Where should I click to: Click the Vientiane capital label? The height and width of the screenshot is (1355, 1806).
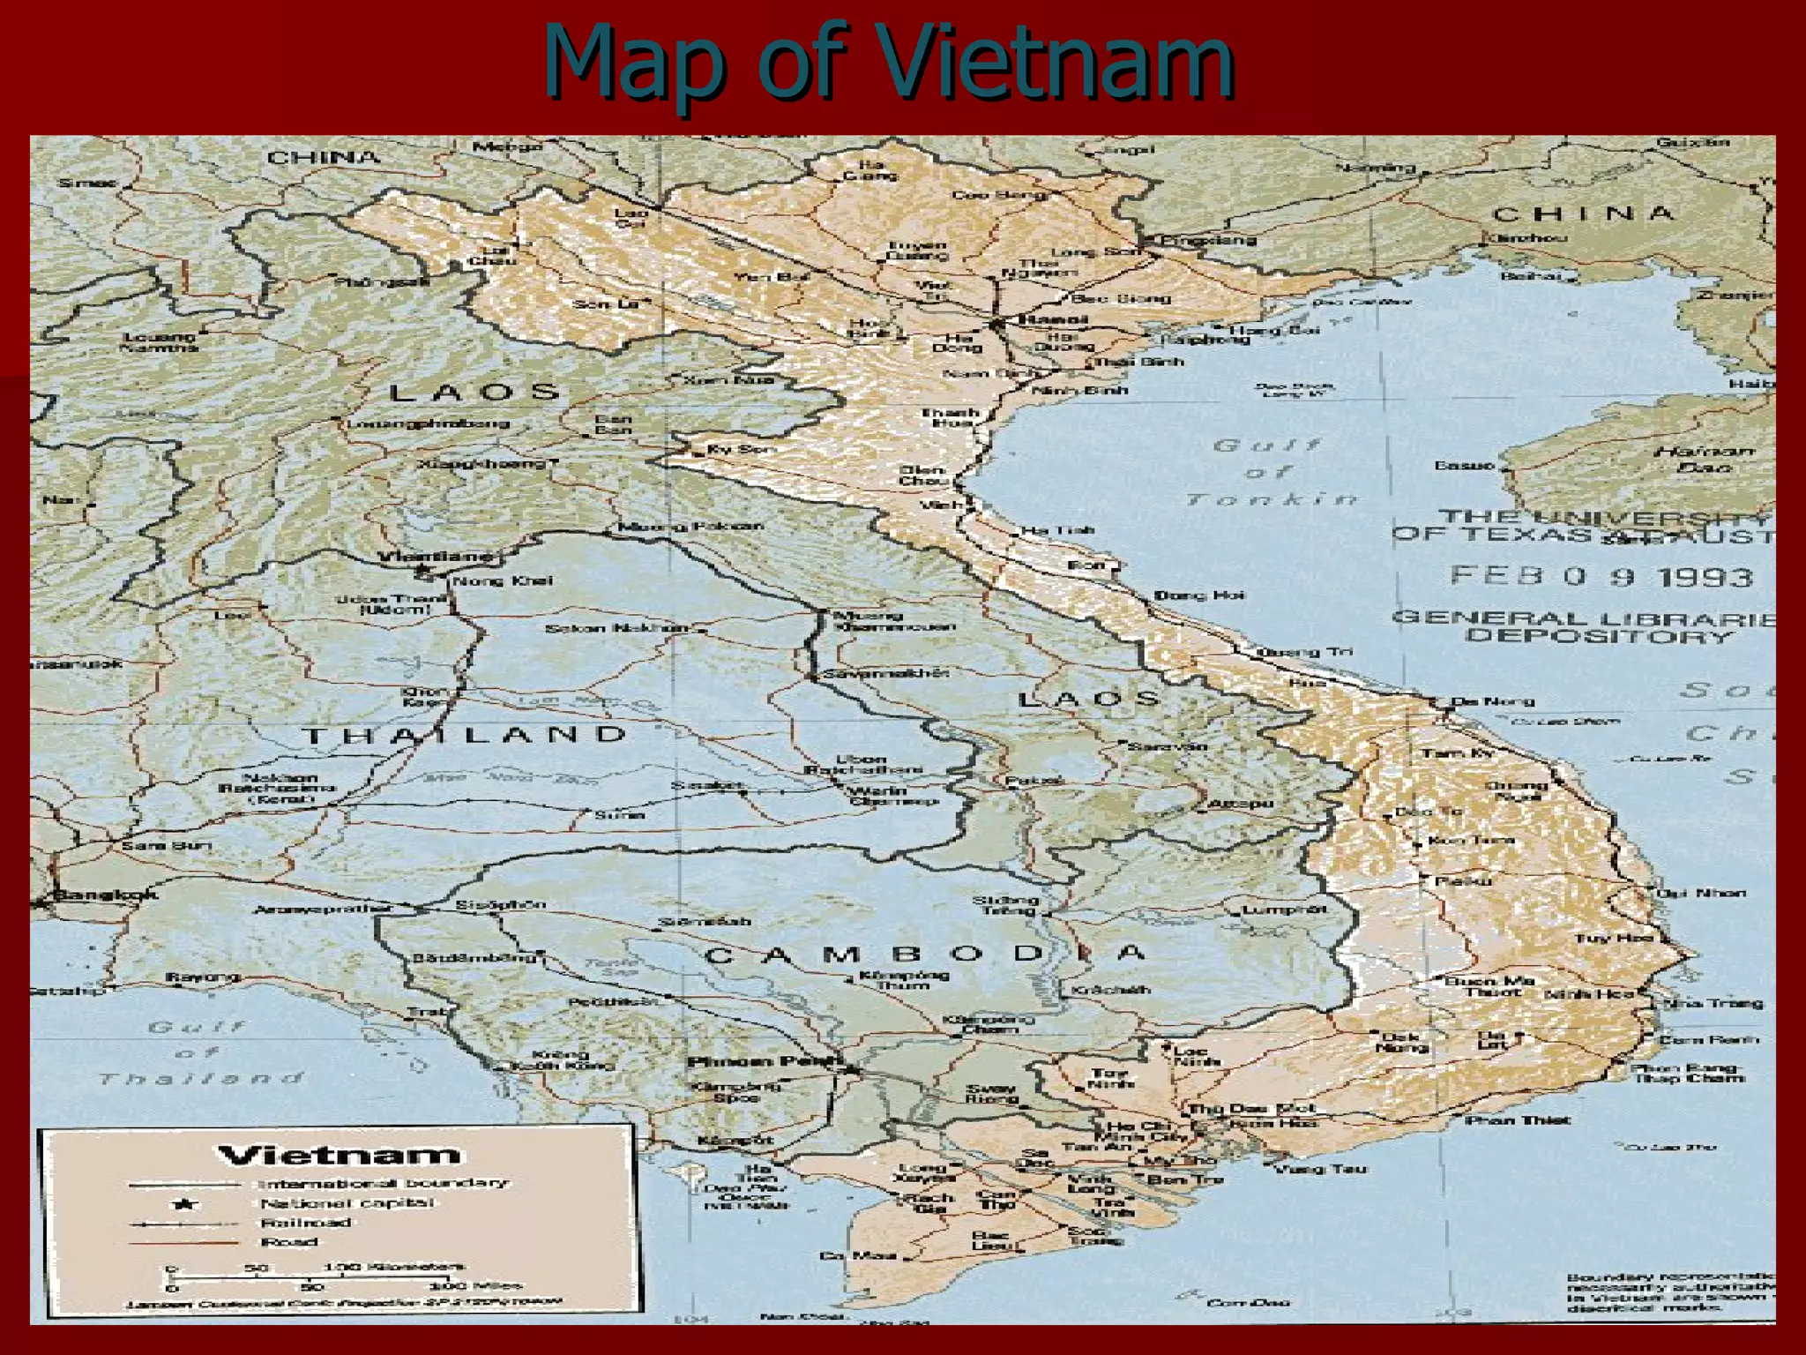[437, 557]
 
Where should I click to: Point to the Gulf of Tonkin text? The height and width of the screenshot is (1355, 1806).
[1270, 472]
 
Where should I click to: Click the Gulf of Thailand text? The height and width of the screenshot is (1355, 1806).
[198, 1052]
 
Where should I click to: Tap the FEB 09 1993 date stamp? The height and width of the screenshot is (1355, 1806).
[1601, 577]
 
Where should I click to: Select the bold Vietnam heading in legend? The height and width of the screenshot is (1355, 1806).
[339, 1155]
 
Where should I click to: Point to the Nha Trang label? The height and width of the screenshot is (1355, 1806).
[1712, 1003]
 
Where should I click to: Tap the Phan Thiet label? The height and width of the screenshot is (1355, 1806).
[1517, 1119]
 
